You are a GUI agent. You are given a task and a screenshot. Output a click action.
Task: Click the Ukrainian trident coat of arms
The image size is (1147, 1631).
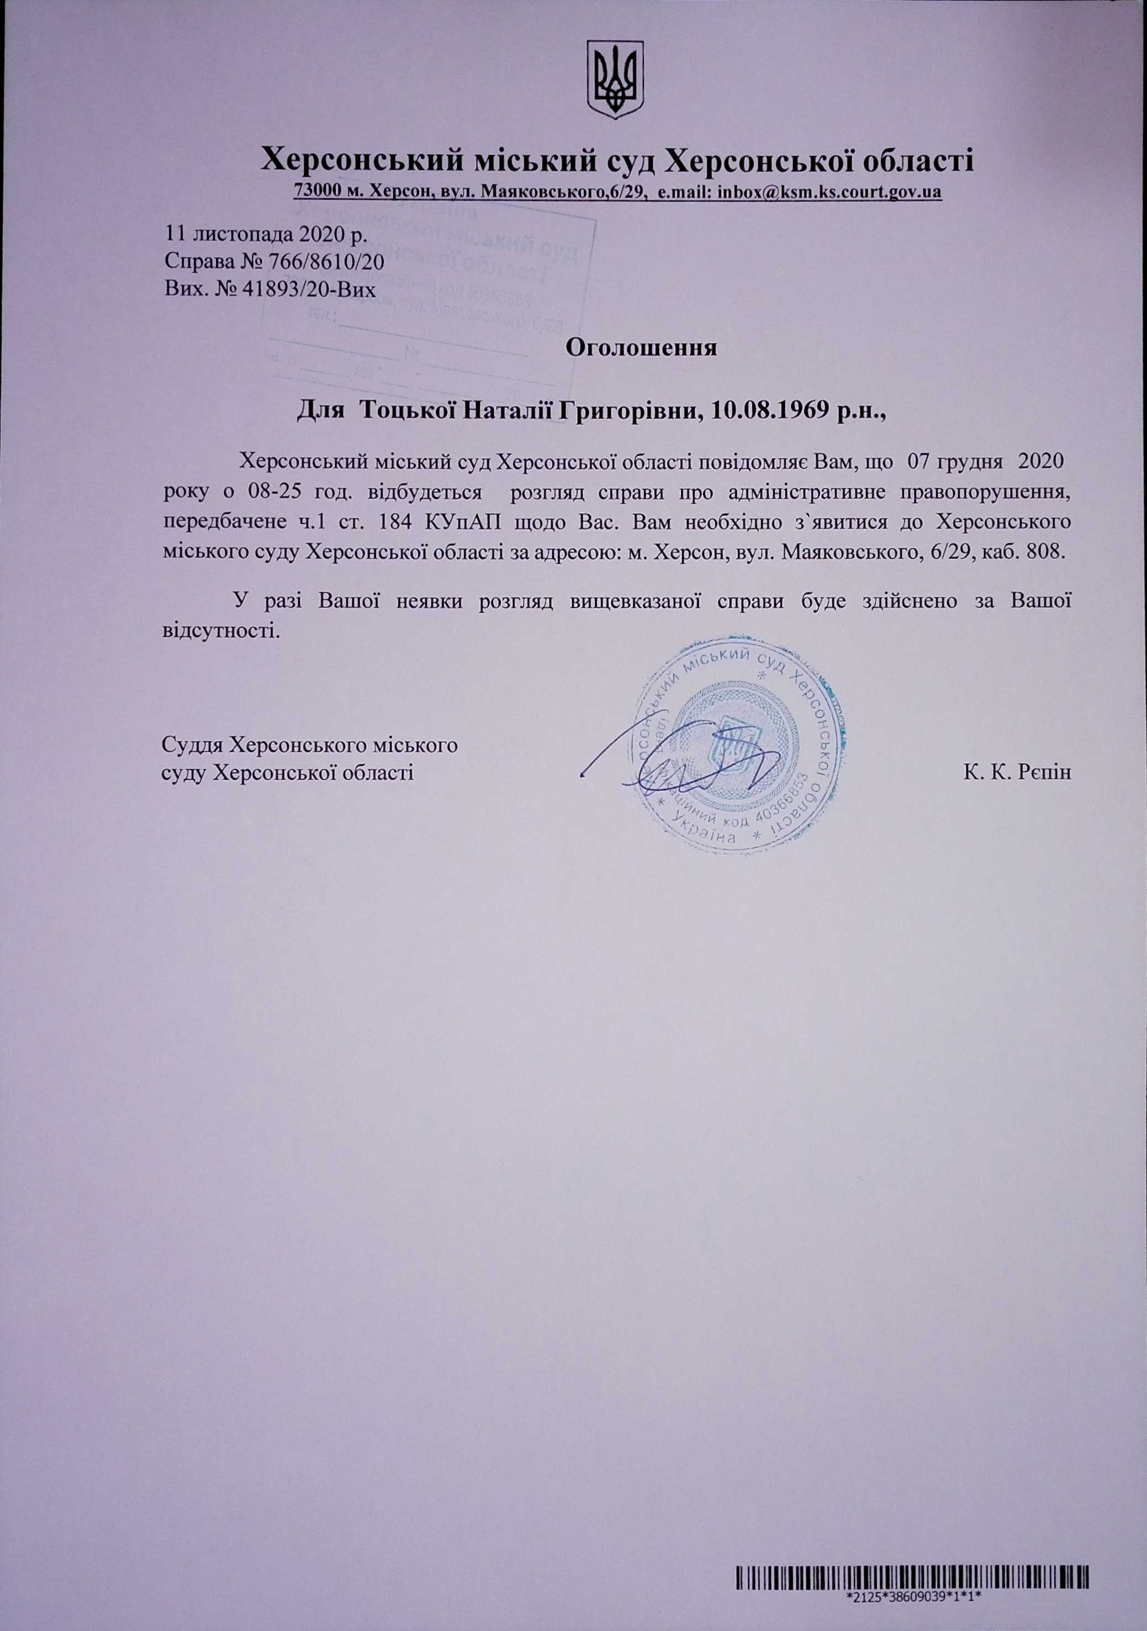pyautogui.click(x=615, y=80)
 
